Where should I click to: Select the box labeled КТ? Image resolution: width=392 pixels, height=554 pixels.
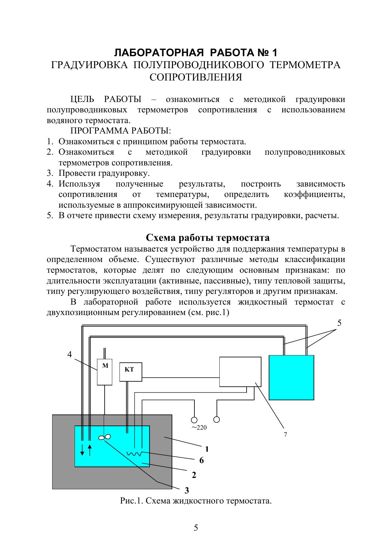click(x=131, y=372)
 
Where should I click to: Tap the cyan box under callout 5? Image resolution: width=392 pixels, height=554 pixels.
click(x=291, y=378)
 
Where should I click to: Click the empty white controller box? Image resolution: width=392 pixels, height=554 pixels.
click(x=240, y=372)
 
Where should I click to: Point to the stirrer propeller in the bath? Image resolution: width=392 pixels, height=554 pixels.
click(x=105, y=437)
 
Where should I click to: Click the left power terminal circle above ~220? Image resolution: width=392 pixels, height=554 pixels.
click(x=194, y=420)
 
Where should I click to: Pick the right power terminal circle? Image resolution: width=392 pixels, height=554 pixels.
click(x=217, y=419)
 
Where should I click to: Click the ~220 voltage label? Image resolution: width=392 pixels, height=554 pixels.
click(x=199, y=428)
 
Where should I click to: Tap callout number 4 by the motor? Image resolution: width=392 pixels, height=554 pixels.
click(x=70, y=354)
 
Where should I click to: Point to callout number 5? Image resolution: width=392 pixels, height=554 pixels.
click(x=339, y=323)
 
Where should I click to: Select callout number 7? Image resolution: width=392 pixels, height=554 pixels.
click(x=285, y=435)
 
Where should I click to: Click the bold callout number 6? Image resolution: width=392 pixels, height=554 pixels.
click(x=201, y=461)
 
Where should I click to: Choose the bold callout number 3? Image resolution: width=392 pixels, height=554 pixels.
click(x=187, y=490)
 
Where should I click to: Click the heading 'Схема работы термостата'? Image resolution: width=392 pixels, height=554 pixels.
click(x=208, y=237)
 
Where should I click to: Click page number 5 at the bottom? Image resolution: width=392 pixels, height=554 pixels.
click(x=196, y=528)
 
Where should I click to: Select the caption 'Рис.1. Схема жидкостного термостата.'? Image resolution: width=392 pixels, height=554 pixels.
click(x=196, y=501)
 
